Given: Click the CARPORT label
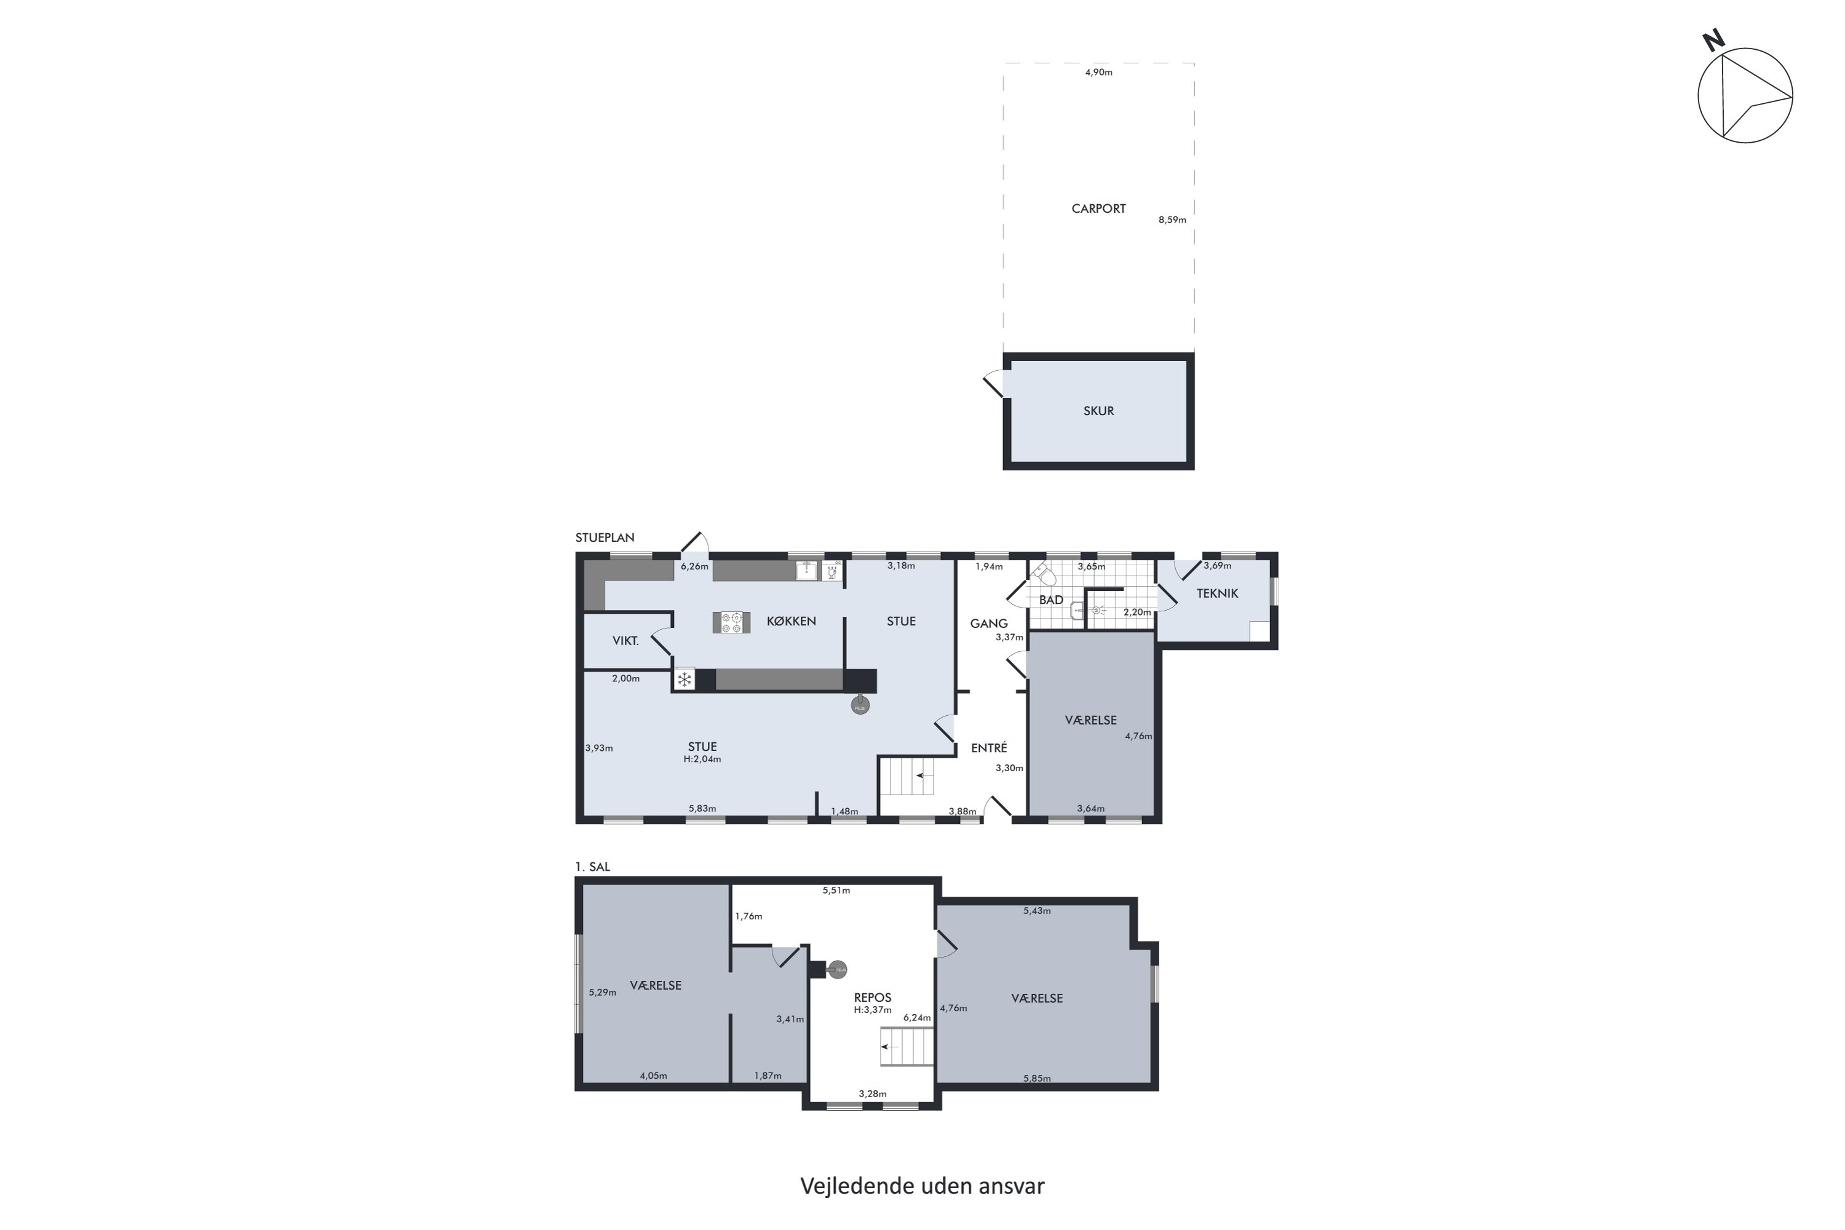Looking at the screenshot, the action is click(x=1098, y=208).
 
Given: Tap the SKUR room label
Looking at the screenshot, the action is click(x=1098, y=411).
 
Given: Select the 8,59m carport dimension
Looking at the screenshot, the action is click(x=1172, y=220).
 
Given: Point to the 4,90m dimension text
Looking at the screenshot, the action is click(x=1098, y=72).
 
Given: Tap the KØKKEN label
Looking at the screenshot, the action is click(x=791, y=621).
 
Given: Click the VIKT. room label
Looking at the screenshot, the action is click(x=625, y=641).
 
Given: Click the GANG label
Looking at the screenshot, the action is click(x=988, y=624).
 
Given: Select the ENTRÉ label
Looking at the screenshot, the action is click(x=988, y=748).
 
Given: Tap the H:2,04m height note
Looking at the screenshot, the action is click(x=702, y=760).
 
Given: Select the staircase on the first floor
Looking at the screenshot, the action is click(x=907, y=1047).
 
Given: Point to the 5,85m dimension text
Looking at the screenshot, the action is click(x=1037, y=1079).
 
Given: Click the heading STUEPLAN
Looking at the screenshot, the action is click(x=605, y=538).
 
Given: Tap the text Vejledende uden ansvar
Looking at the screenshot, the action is click(x=922, y=1186).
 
